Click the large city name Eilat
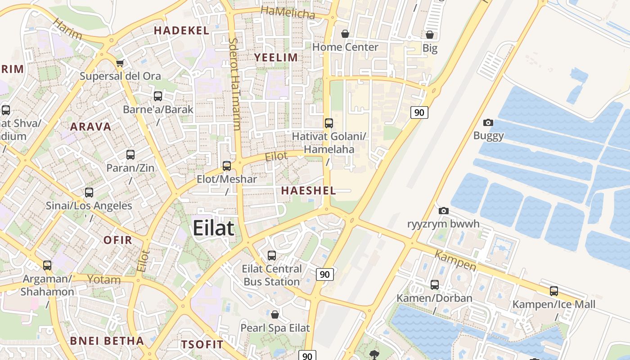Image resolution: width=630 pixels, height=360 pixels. pos(214,228)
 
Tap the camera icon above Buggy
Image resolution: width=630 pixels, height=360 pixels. pos(488,122)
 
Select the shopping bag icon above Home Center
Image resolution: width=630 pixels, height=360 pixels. pos(345,34)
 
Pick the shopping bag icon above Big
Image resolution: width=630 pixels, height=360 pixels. pos(430,35)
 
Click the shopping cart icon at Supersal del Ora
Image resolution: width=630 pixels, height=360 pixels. pos(120,63)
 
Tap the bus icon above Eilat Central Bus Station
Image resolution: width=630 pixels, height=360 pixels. pos(272,256)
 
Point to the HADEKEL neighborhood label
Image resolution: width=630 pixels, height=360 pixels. pos(182,31)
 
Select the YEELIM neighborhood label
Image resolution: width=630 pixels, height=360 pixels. pos(276,58)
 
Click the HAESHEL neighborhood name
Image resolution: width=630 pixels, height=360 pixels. pos(309,191)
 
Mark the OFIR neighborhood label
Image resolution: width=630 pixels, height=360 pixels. pos(118,240)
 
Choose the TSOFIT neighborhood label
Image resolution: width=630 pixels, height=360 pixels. pos(202,345)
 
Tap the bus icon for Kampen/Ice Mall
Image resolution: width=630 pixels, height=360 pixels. pos(554,291)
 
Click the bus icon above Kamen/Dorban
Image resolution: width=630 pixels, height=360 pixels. pos(434,285)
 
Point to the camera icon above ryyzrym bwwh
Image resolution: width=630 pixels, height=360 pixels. pos(443,211)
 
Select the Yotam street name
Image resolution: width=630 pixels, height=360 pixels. pos(104,279)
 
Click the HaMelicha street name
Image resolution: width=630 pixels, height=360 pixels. pos(288,13)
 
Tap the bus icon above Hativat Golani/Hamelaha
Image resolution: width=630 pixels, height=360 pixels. pos(329,123)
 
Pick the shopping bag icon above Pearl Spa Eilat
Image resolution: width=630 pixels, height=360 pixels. pos(275,314)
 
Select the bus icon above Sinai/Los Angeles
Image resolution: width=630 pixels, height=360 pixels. pos(89,193)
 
